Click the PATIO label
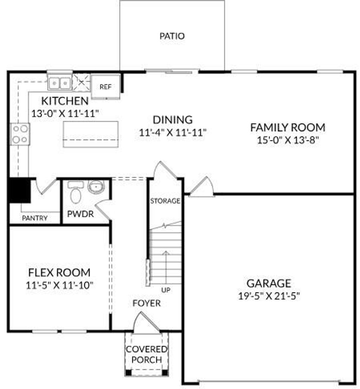(x=172, y=36)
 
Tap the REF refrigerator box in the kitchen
(x=105, y=87)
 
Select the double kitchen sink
(x=60, y=83)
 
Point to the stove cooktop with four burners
(x=20, y=134)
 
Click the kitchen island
(x=91, y=134)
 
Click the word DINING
(x=172, y=120)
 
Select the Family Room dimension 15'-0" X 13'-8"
(x=288, y=140)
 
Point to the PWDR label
(x=81, y=214)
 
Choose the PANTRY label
(x=35, y=218)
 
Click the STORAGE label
(x=165, y=201)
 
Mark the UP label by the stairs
(x=166, y=290)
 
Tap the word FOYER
(x=147, y=303)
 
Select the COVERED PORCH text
(x=147, y=355)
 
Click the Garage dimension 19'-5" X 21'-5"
(x=269, y=296)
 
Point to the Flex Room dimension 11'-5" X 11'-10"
(x=59, y=285)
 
